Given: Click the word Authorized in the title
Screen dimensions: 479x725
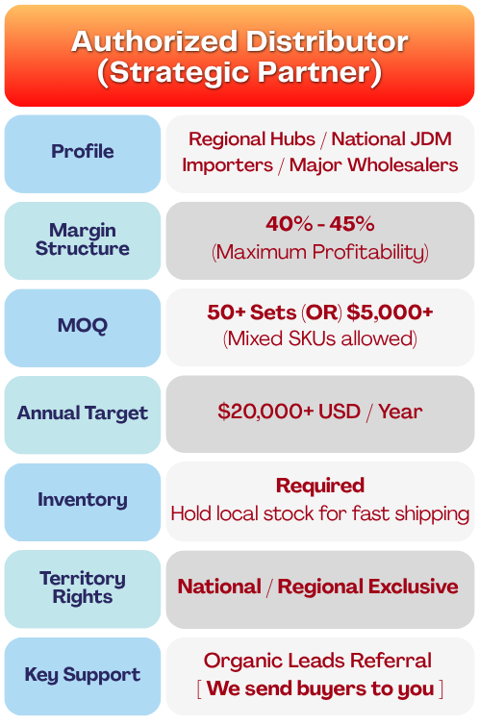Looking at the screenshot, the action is click(155, 41).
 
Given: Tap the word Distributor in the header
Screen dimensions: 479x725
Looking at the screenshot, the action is click(327, 41).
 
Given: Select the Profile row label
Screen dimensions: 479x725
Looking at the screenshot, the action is click(83, 151).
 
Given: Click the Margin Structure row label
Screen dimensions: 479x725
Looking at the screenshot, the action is click(83, 239).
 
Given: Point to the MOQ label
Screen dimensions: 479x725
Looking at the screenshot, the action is click(83, 325).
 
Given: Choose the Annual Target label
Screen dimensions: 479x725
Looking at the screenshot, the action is click(83, 412).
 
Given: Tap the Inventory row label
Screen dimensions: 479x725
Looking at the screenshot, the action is click(83, 500).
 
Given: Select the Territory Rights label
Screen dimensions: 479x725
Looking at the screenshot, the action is click(83, 587).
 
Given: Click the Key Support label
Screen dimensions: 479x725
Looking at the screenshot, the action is click(83, 675).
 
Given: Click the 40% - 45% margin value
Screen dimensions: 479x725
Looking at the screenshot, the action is click(320, 224).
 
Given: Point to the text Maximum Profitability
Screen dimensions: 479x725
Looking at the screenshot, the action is click(320, 252).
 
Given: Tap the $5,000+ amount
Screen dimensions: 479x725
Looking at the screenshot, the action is click(390, 312).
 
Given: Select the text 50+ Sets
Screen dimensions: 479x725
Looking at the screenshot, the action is click(251, 312).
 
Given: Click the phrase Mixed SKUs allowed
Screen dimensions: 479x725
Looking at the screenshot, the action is click(320, 338).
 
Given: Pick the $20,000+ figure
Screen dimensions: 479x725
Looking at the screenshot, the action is click(265, 411).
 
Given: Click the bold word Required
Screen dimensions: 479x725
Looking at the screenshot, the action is click(320, 486).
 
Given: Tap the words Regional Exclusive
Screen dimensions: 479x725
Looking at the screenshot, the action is click(368, 587).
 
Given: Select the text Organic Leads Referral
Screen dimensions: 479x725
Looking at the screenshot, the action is click(317, 661).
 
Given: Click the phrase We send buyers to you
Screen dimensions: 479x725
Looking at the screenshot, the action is click(320, 688).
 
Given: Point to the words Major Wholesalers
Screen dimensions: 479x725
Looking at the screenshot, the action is click(373, 165).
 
